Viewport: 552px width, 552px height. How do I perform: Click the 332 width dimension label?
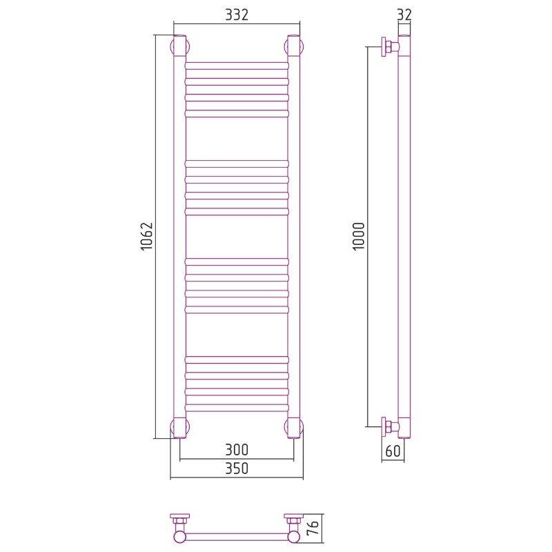237,14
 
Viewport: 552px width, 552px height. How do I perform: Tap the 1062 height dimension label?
147,236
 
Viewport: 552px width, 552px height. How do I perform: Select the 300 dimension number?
237,450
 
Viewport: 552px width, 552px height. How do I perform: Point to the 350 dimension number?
237,469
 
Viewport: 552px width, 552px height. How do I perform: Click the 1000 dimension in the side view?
359,236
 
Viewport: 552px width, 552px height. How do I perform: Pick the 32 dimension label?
404,14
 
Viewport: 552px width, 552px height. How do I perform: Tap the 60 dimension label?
393,451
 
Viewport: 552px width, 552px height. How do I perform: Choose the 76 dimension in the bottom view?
314,527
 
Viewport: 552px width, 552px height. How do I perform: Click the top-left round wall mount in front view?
180,46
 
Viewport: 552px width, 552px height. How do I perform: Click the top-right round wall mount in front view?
294,46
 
